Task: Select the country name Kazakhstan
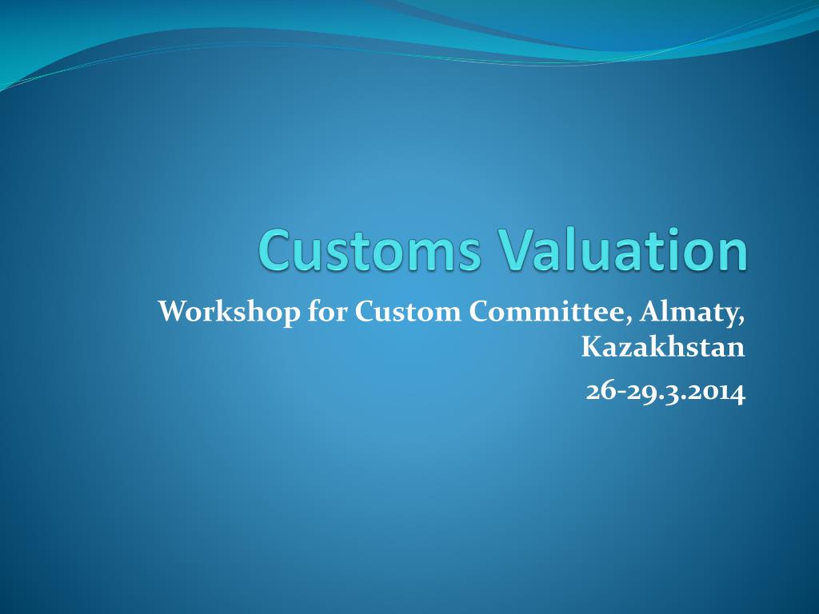pos(663,348)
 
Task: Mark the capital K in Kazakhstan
pos(590,348)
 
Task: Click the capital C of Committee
pos(478,311)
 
